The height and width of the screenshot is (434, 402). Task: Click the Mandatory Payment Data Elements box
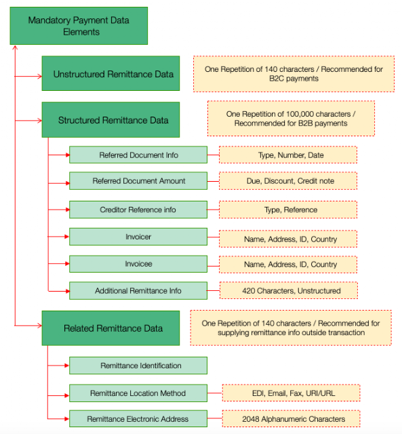pos(79,26)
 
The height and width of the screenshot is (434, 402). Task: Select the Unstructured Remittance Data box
pos(110,73)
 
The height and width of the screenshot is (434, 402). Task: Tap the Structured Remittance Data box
pos(110,119)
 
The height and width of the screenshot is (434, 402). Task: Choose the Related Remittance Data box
pos(110,328)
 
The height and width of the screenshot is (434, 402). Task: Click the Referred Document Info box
pos(138,155)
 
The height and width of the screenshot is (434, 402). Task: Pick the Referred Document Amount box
pos(138,181)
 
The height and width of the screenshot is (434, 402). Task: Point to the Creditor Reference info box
pos(138,210)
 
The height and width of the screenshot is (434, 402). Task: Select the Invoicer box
pos(138,237)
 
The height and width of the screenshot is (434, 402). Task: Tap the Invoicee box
pos(138,264)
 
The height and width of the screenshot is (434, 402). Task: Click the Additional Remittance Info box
pos(138,291)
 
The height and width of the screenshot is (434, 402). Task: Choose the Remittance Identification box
pos(138,366)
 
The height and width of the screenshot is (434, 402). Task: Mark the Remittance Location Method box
pos(138,393)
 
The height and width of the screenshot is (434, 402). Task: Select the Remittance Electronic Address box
pos(138,419)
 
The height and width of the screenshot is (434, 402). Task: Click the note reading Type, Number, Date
pos(288,155)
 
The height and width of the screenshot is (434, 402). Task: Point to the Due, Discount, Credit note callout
pos(288,181)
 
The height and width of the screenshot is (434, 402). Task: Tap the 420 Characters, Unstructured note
pos(289,290)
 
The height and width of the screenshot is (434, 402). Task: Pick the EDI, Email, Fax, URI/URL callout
pos(292,393)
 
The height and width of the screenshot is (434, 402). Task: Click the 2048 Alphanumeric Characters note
pos(292,419)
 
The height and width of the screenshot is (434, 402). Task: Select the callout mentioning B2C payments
pos(294,74)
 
